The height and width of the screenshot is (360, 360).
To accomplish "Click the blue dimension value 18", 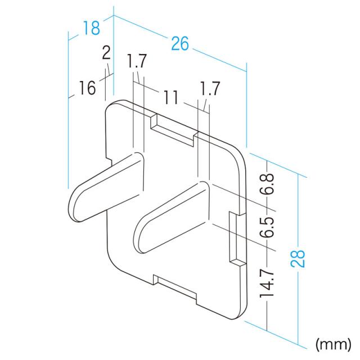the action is [92, 28].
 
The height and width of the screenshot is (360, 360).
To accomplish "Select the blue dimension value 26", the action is [180, 43].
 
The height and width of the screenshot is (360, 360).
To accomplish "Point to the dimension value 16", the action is [87, 88].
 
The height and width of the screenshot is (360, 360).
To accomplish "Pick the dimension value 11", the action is [171, 97].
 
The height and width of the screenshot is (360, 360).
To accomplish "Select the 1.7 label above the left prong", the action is [137, 61].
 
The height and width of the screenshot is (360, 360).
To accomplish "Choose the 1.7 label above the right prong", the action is [210, 88].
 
